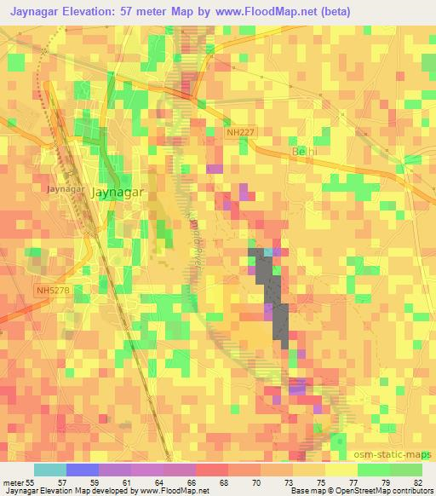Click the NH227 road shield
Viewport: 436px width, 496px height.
[x=239, y=131]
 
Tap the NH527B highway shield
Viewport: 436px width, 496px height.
[x=53, y=291]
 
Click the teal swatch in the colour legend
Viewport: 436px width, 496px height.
[x=49, y=469]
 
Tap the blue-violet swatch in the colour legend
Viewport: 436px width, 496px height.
[x=82, y=469]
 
